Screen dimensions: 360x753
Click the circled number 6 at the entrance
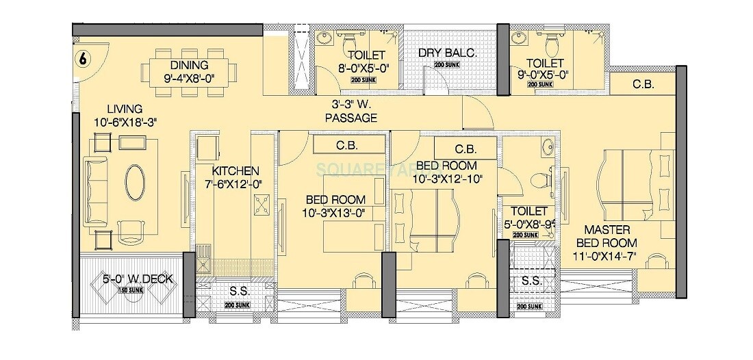tap(82, 59)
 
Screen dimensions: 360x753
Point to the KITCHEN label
tap(235, 170)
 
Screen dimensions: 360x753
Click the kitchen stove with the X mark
tap(263, 203)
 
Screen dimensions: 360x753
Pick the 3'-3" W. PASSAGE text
tap(351, 112)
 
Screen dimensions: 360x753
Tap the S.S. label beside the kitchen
tap(239, 291)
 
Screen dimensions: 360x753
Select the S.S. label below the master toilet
tap(531, 281)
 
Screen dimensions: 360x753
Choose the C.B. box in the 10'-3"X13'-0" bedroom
tap(344, 145)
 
